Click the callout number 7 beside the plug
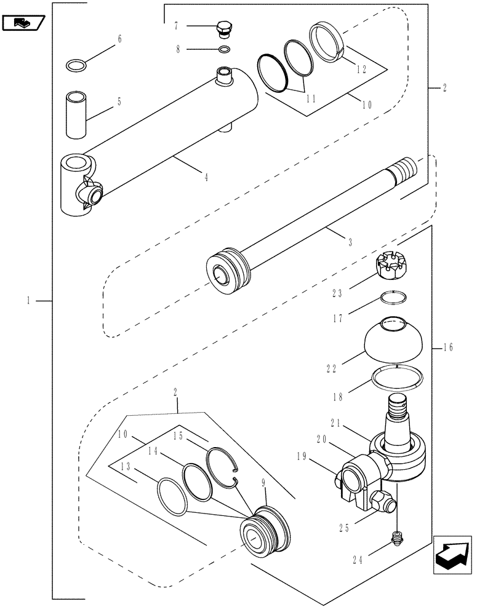[176, 26]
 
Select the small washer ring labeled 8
[225, 49]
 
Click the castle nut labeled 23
[392, 266]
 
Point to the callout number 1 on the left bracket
[29, 301]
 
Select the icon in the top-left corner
[23, 23]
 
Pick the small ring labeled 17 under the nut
[392, 298]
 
